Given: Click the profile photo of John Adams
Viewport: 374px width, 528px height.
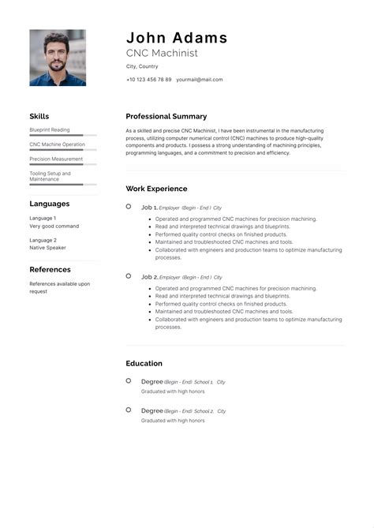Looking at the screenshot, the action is click(58, 58).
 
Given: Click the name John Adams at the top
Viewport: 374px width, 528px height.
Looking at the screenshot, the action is click(177, 37).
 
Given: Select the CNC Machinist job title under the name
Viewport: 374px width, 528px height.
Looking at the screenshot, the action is click(162, 53).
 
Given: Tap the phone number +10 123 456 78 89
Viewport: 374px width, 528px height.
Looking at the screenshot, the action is click(148, 80).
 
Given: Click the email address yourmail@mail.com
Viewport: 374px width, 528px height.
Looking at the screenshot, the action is click(199, 80).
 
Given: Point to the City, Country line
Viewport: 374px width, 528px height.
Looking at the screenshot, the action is click(142, 66).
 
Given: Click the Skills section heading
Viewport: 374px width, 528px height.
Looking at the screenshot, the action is click(39, 116).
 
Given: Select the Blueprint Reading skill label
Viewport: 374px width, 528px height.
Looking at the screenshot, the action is click(50, 129).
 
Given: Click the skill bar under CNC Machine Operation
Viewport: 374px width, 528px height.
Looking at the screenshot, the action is click(63, 150).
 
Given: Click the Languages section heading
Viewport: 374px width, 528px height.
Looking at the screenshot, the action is click(50, 204).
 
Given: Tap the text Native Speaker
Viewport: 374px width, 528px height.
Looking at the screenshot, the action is click(47, 248).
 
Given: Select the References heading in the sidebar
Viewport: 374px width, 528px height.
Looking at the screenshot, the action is click(50, 269).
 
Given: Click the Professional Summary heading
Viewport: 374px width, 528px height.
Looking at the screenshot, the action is click(166, 116).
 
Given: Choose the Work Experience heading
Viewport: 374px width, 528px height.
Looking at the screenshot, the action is click(156, 189).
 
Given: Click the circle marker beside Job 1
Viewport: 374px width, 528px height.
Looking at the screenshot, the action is click(129, 207).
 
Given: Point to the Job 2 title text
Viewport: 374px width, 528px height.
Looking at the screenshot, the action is click(149, 277).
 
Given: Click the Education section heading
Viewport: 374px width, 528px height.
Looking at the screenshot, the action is click(144, 363).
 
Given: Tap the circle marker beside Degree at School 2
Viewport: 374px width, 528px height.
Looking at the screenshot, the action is click(129, 410).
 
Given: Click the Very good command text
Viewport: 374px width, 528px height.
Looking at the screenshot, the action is click(54, 227).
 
